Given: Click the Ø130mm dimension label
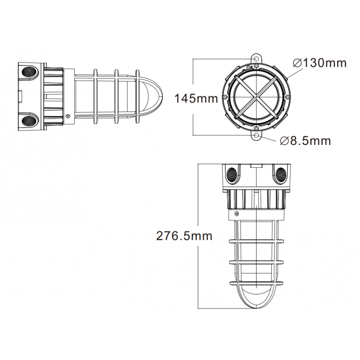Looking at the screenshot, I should click(x=319, y=63).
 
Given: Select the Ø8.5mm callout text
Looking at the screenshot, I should click(x=305, y=141).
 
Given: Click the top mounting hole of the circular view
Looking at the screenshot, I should click(x=256, y=59).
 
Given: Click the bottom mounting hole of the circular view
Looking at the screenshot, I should click(x=256, y=135).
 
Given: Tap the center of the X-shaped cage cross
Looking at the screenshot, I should click(x=256, y=97).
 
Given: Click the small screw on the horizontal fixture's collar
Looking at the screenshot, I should click(x=67, y=116).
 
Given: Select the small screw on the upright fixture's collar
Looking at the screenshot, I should click(x=236, y=213).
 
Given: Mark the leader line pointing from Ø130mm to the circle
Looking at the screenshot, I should click(x=288, y=72).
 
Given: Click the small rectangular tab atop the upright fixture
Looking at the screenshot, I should click(x=256, y=166).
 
